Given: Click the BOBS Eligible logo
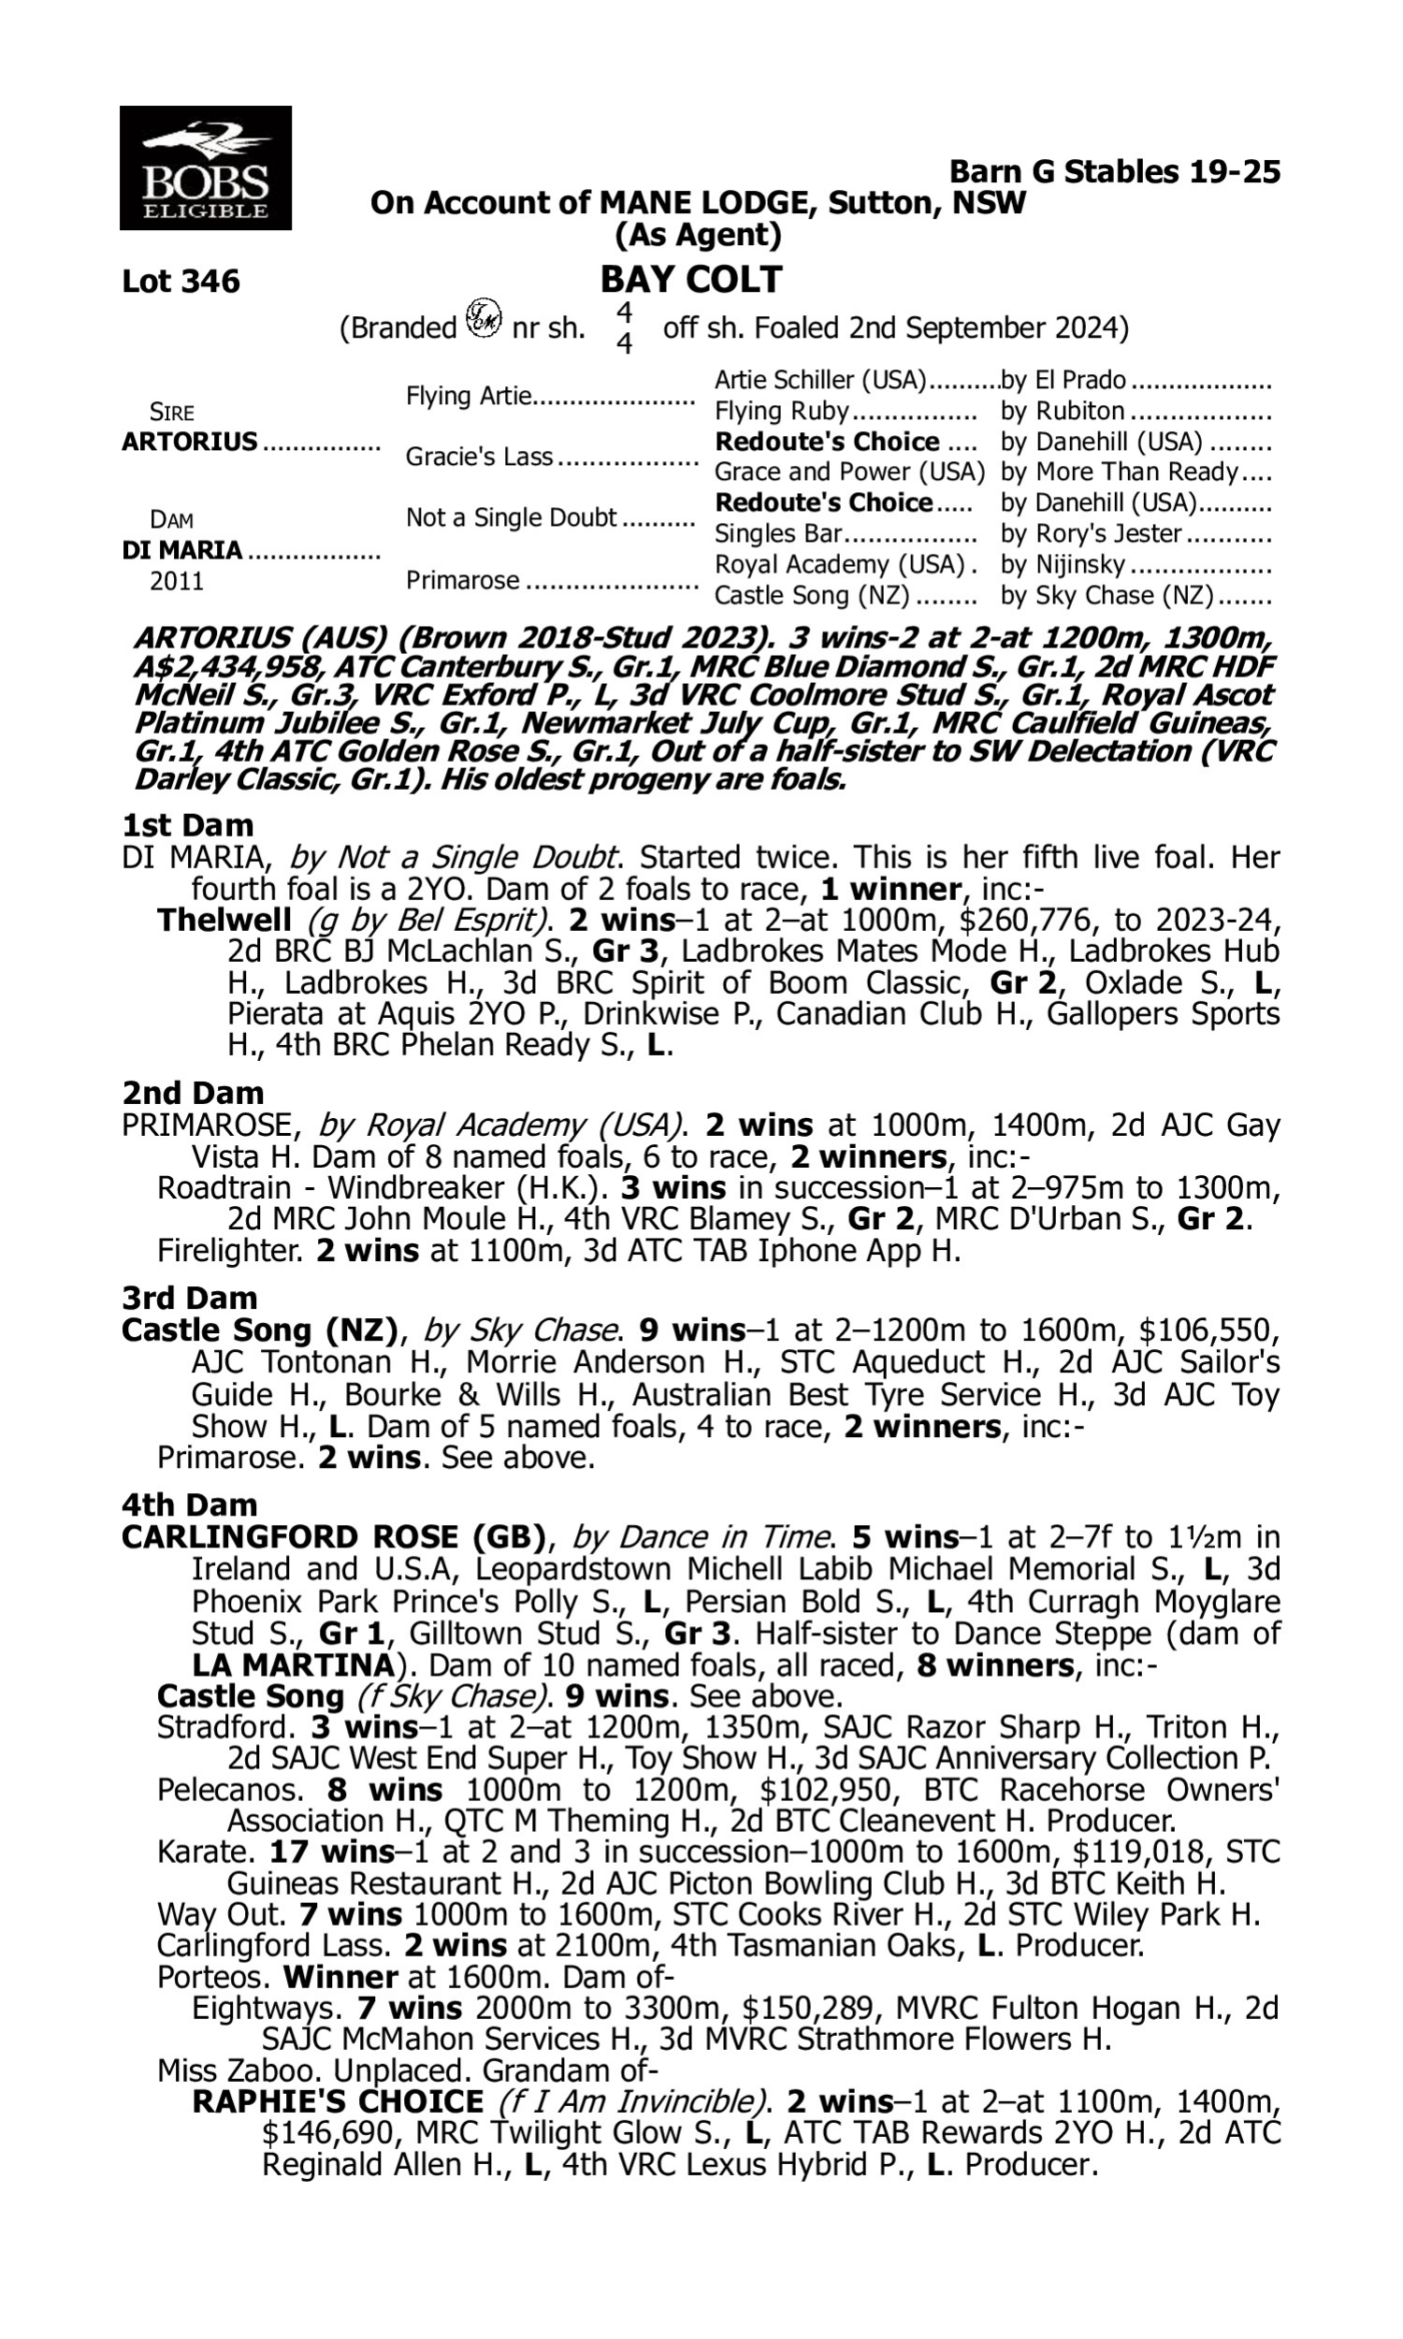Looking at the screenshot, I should [x=205, y=168].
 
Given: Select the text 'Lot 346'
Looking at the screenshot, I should [x=181, y=282].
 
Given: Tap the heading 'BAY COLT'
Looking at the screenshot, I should [x=691, y=280].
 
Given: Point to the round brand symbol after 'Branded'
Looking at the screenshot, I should [x=485, y=317].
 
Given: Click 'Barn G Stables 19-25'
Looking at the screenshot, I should [x=1115, y=172].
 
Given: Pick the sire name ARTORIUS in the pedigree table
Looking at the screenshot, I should [x=189, y=443].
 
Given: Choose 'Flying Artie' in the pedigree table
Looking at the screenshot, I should [x=468, y=396].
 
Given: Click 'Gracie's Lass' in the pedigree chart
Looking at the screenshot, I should [x=478, y=457].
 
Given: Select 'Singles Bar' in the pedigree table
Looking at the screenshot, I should [x=777, y=534].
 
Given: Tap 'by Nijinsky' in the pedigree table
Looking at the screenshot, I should [x=1063, y=565].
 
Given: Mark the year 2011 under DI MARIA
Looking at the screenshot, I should [x=177, y=581].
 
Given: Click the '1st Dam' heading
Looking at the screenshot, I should [x=187, y=825].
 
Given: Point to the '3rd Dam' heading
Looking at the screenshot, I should [x=189, y=1298].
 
